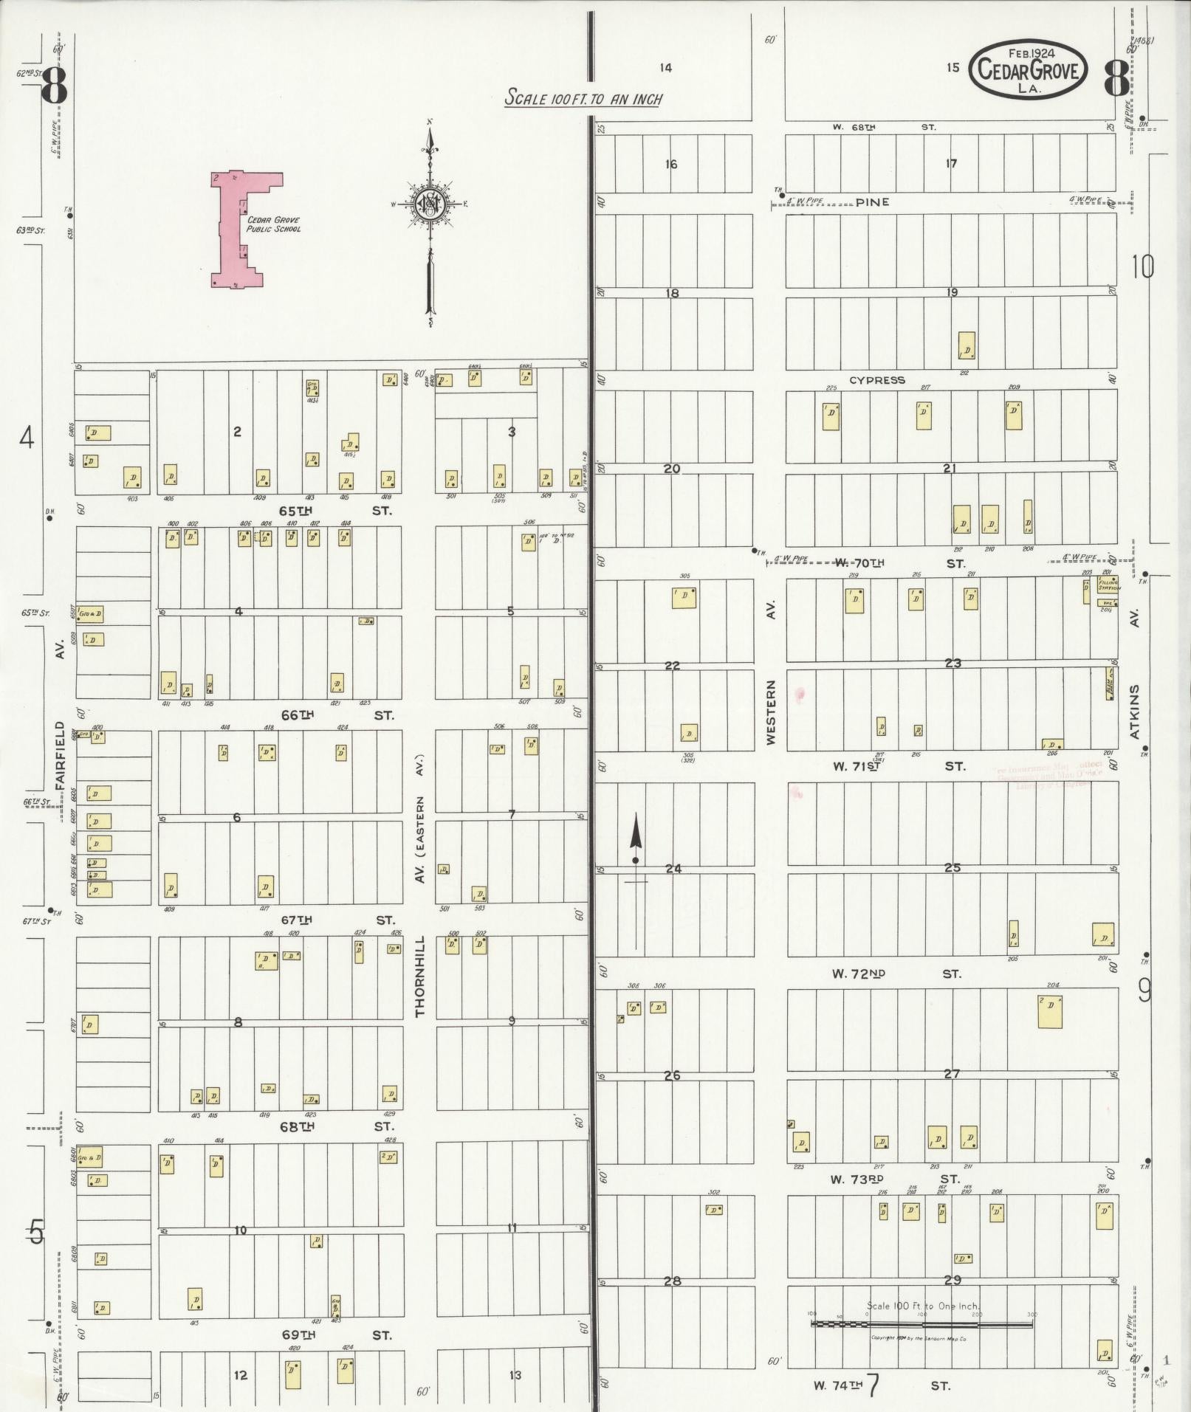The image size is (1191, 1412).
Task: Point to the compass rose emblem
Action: click(x=430, y=204)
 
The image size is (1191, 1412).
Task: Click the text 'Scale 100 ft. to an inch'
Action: click(x=583, y=98)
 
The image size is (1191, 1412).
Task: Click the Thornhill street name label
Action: click(x=420, y=976)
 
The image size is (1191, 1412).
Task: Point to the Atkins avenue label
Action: click(x=1134, y=711)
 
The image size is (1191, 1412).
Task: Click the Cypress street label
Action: click(x=876, y=380)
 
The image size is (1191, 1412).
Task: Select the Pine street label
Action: click(x=872, y=202)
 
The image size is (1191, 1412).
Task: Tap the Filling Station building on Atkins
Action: click(x=1108, y=585)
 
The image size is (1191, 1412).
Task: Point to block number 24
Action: click(x=673, y=869)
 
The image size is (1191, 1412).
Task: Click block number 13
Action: click(x=515, y=1375)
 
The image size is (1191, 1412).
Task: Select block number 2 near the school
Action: click(x=237, y=432)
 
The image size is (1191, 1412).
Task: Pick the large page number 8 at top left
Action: click(x=54, y=86)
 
